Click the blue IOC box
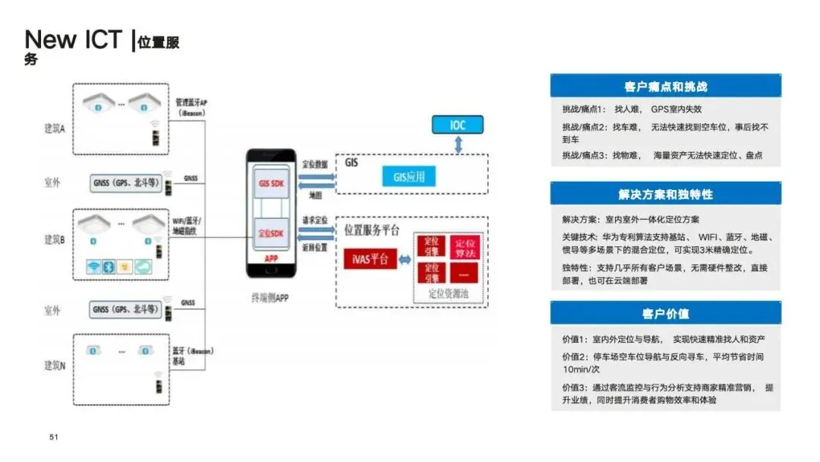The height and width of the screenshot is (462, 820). pyautogui.click(x=457, y=125)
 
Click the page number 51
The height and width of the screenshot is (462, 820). pyautogui.click(x=54, y=437)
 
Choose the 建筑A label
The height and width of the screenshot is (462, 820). pyautogui.click(x=54, y=128)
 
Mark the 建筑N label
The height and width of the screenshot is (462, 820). pyautogui.click(x=54, y=365)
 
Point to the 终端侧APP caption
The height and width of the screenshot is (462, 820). pyautogui.click(x=271, y=297)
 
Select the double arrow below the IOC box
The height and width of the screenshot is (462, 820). pyautogui.click(x=457, y=145)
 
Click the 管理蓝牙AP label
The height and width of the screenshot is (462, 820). pyautogui.click(x=191, y=102)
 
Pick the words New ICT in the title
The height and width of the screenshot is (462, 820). pyautogui.click(x=73, y=40)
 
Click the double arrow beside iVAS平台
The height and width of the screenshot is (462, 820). pyautogui.click(x=405, y=259)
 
